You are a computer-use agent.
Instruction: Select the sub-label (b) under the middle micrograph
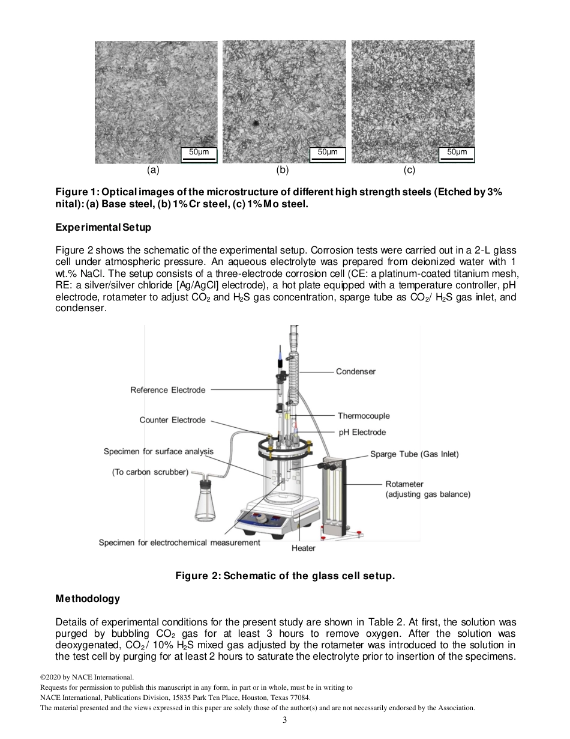coord(282,170)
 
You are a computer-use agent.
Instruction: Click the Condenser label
coord(355,372)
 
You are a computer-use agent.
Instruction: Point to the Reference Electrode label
coord(167,390)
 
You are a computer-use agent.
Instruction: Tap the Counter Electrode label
coord(172,420)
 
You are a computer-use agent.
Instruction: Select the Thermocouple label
coord(363,416)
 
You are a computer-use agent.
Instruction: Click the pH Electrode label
coord(361,432)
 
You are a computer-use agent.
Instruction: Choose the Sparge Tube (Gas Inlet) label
coord(414,454)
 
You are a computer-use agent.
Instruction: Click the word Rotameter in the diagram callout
coord(404,484)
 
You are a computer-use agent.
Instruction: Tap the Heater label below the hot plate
coord(303,548)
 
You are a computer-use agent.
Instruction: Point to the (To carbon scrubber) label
coord(150,472)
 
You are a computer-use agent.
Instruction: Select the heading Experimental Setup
coord(103,228)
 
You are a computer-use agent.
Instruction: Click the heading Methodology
coord(88,598)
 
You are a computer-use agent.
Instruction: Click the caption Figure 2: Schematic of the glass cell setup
coord(285,576)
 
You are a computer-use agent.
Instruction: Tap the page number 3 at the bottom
coord(285,720)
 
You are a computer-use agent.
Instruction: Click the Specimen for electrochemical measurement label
coord(179,543)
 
